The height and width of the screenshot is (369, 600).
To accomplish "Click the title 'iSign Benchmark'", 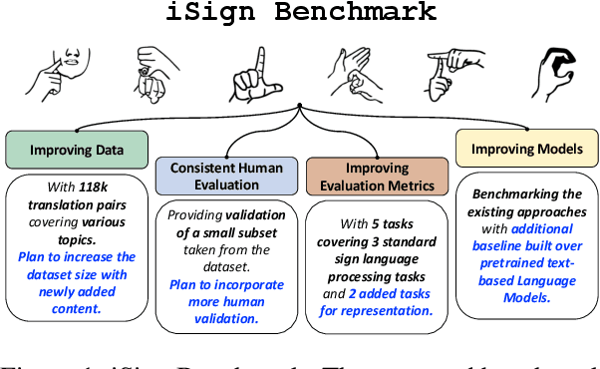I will [298, 13].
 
